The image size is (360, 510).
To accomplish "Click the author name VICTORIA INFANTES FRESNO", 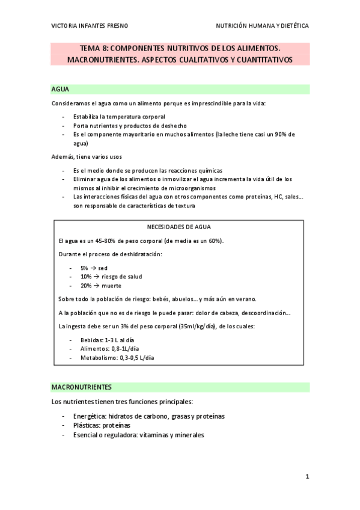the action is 90,26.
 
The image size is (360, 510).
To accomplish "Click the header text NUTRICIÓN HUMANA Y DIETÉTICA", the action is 263,26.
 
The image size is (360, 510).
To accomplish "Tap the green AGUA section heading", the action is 60,89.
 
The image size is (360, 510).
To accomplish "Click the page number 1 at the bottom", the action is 307,477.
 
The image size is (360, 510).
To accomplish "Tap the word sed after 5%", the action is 103,268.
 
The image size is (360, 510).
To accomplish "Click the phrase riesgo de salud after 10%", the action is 122,277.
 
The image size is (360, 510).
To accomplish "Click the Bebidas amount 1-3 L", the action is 113,340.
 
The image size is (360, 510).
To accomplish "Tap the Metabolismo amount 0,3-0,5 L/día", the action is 134,357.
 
